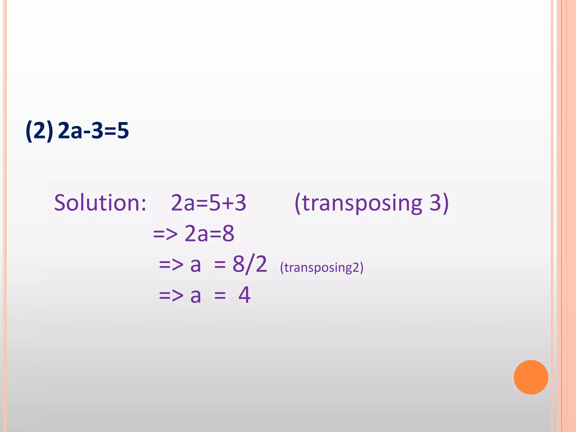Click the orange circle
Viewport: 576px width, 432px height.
[x=531, y=377]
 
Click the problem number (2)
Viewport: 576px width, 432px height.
[x=39, y=131]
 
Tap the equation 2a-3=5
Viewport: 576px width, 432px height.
[x=93, y=131]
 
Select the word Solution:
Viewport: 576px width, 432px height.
[x=100, y=203]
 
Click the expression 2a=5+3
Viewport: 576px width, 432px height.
[x=208, y=203]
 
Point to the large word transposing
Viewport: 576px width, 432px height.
[x=362, y=203]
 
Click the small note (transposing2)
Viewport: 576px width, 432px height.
[x=322, y=267]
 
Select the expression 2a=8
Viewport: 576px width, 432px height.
[x=209, y=233]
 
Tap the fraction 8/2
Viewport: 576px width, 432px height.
[x=250, y=264]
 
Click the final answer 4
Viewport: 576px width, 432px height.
[x=244, y=295]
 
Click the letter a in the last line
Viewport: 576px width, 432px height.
[x=196, y=296]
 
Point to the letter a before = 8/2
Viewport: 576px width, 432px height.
[x=196, y=265]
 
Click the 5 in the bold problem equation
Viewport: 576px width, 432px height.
[x=123, y=131]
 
